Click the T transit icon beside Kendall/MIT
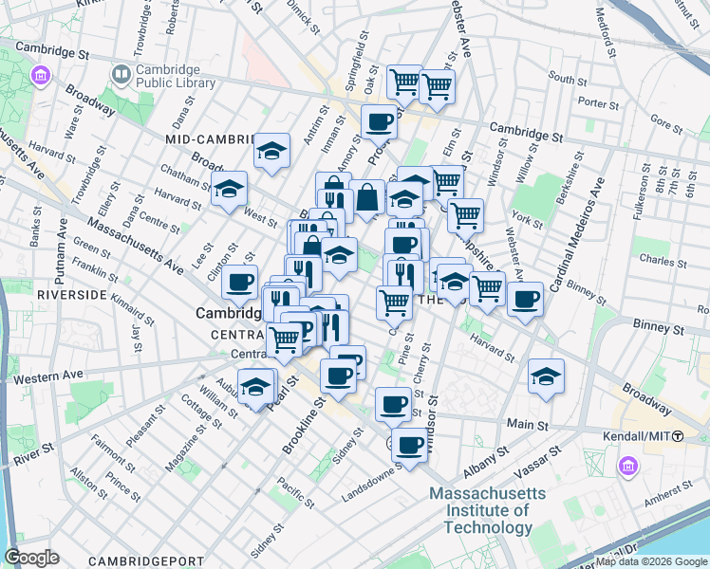[679, 435]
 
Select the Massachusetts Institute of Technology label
[488, 510]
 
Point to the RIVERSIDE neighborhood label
[72, 295]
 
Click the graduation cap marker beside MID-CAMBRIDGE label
[272, 151]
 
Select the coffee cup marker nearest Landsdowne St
[411, 445]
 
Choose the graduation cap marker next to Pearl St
[254, 387]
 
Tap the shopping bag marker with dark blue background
[367, 198]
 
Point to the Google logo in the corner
[31, 558]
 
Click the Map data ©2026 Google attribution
[651, 561]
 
